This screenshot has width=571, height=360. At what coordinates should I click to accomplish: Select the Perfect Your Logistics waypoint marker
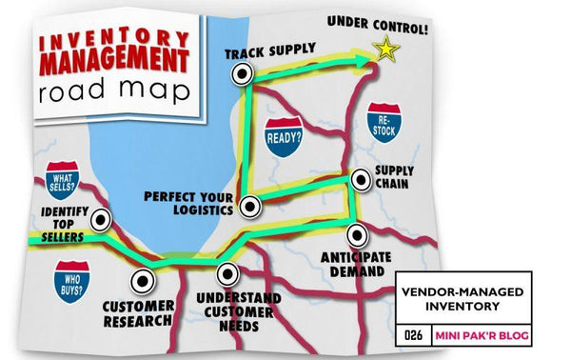[x=248, y=205]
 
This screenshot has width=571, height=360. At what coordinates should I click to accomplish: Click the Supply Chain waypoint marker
[x=360, y=179]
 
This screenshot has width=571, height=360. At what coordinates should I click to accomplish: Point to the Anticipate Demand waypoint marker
[x=355, y=233]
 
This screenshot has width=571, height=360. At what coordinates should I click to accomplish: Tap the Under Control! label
[x=378, y=20]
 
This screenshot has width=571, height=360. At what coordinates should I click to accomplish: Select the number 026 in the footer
[x=413, y=335]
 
